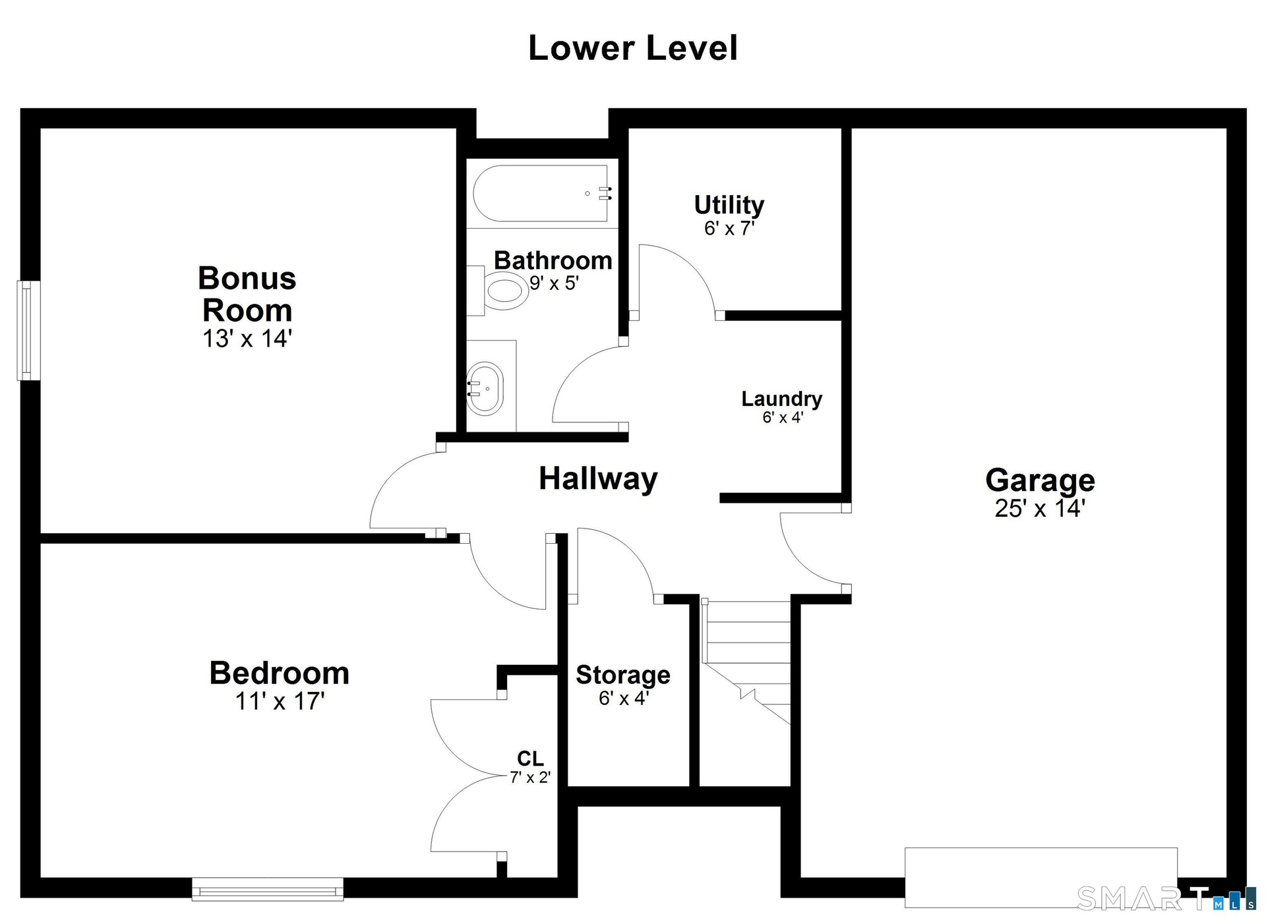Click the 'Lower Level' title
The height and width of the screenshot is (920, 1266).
click(633, 48)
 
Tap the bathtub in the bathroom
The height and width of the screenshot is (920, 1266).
click(541, 193)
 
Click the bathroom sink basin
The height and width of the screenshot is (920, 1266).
click(485, 388)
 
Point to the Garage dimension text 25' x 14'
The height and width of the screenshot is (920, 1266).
click(1040, 509)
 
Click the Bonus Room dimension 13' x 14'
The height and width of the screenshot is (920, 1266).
click(247, 339)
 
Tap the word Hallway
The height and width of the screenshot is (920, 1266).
click(598, 478)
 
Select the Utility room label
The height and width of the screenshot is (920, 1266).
click(729, 205)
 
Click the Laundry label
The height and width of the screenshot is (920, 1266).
click(782, 399)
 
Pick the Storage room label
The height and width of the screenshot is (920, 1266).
click(623, 675)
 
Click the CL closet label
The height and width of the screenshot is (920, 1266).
click(530, 759)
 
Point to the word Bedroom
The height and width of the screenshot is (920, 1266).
click(280, 673)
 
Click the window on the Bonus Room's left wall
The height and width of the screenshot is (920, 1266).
click(28, 331)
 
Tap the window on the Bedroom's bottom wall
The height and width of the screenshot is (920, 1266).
click(268, 889)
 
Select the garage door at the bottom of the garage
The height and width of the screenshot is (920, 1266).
click(1040, 877)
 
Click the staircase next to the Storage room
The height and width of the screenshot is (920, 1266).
click(746, 662)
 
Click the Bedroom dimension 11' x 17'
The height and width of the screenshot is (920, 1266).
click(280, 701)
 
